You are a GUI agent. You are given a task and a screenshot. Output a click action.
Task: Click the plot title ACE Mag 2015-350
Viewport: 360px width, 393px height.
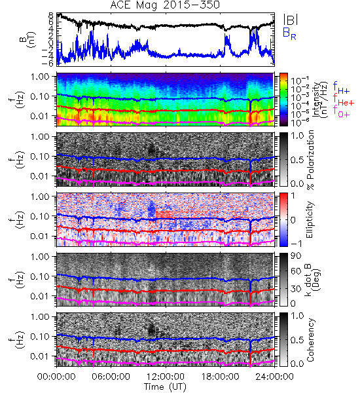tap(165, 5)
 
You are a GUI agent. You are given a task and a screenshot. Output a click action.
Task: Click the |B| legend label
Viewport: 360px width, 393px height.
tap(291, 19)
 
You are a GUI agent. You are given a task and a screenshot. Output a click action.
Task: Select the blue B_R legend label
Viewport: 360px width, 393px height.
tap(289, 33)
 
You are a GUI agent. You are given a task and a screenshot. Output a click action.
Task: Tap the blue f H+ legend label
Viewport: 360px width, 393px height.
tap(341, 88)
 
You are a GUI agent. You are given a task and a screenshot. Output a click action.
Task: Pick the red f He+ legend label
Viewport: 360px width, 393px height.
tap(344, 100)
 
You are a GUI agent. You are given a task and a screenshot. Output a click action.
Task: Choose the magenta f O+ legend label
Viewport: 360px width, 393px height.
tap(341, 112)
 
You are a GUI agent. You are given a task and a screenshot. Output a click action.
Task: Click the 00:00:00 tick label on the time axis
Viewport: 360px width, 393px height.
tap(56, 377)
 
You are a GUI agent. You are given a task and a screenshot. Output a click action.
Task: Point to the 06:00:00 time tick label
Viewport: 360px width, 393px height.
tap(111, 377)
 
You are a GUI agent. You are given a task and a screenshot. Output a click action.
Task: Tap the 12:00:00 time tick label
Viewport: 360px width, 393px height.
tap(166, 377)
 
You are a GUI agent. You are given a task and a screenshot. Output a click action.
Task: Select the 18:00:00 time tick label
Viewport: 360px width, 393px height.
tap(220, 377)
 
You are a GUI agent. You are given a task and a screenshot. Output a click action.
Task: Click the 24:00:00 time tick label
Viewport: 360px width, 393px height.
tap(274, 377)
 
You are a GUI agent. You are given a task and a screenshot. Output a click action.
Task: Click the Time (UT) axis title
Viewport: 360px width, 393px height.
tap(166, 386)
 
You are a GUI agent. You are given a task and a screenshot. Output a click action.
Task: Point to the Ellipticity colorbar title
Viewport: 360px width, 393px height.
tap(310, 220)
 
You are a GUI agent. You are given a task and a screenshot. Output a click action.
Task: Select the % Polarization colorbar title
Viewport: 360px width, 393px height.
tap(310, 160)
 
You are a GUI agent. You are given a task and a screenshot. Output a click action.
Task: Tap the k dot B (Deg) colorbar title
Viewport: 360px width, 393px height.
tap(312, 280)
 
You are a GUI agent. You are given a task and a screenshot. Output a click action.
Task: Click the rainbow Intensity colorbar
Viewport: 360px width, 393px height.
tap(283, 100)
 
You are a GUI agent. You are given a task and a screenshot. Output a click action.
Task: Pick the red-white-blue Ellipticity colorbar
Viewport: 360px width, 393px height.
tap(283, 219)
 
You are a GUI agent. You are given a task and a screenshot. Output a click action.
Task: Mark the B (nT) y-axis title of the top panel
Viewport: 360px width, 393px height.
tap(29, 39)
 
